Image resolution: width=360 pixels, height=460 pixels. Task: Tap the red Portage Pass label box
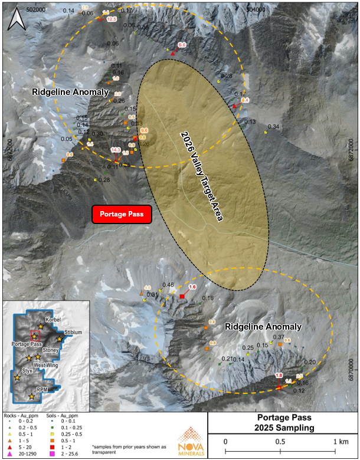[122, 215]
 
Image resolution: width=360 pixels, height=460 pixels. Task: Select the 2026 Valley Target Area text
[201, 176]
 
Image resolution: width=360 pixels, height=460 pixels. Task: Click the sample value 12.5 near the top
[112, 19]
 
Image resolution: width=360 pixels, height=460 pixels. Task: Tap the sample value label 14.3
[115, 150]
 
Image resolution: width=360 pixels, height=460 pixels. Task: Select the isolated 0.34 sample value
[273, 127]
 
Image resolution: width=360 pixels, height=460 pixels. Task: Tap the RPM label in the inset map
[42, 390]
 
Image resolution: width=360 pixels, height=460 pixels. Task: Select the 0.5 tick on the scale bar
[280, 441]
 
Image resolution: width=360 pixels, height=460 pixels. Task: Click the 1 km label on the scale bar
[340, 441]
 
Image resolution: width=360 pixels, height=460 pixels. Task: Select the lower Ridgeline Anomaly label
[263, 326]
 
